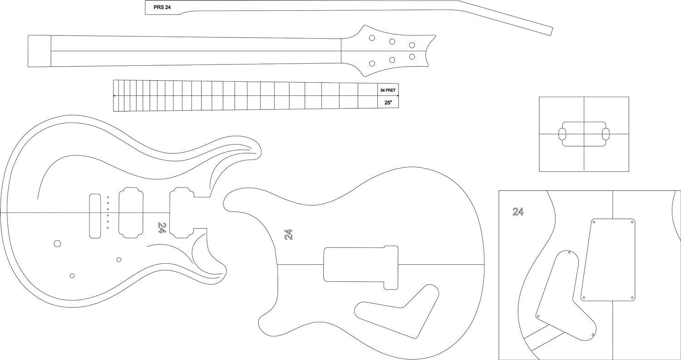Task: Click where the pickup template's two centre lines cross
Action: pyautogui.click(x=584, y=134)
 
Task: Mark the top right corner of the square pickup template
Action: pyautogui.click(x=629, y=97)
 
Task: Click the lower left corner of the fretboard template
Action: pyautogui.click(x=113, y=112)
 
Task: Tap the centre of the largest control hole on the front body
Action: pyautogui.click(x=57, y=243)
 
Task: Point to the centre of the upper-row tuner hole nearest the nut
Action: pyautogui.click(x=372, y=38)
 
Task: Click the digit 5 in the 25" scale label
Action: pyautogui.click(x=388, y=103)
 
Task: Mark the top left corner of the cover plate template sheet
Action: pyautogui.click(x=499, y=191)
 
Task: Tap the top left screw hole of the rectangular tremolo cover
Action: pyautogui.click(x=594, y=222)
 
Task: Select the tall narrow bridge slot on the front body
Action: pyautogui.click(x=95, y=216)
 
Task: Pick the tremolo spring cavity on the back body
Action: pyautogui.click(x=361, y=268)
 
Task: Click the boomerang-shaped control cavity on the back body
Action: pyautogui.click(x=397, y=311)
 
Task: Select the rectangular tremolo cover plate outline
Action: pyautogui.click(x=608, y=260)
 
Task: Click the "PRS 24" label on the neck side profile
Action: pyautogui.click(x=162, y=8)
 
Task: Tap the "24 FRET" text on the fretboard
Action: pyautogui.click(x=388, y=90)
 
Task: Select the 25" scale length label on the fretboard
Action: pyautogui.click(x=388, y=103)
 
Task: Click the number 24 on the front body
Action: pyautogui.click(x=162, y=228)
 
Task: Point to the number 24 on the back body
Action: pyautogui.click(x=288, y=234)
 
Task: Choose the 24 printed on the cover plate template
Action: pyautogui.click(x=518, y=212)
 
